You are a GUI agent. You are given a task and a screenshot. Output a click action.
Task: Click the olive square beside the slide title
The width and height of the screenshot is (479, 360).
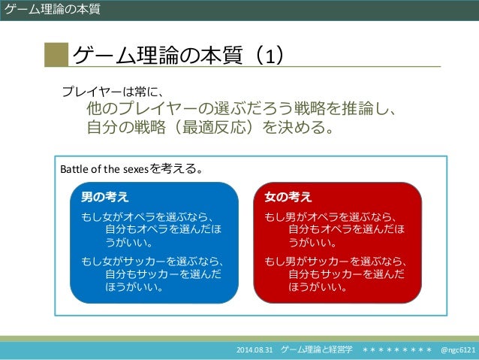tap(56, 55)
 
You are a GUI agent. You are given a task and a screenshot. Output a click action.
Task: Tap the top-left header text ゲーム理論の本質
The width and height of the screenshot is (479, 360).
tap(50, 9)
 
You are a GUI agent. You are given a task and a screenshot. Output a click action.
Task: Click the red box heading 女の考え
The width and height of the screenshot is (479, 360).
tap(288, 197)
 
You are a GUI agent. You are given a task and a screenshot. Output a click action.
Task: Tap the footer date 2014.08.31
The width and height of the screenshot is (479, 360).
tap(256, 351)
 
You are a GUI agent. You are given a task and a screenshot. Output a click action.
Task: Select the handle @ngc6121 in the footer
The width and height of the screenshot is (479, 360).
tap(457, 351)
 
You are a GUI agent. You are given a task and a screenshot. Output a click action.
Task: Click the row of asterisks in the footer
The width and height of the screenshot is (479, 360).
tap(396, 351)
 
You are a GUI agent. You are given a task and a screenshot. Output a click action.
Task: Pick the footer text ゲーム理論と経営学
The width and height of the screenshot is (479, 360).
tap(316, 351)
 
